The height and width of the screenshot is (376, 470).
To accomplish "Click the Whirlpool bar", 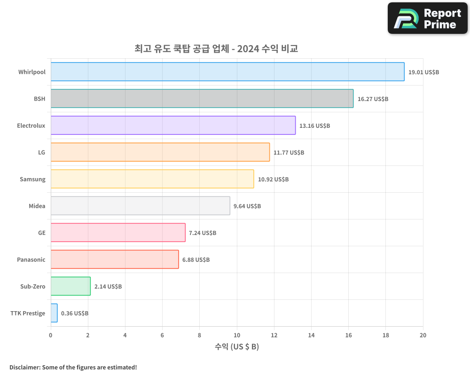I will point(227,72).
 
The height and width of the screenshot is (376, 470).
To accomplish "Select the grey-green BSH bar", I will point(202,99).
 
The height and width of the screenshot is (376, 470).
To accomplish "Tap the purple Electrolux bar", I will point(173,125).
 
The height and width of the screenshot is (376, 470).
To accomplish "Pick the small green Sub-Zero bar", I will point(70,286).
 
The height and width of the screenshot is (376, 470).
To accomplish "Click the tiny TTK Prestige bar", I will point(54,313).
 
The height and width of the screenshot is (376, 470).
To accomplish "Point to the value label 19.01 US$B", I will point(423,72).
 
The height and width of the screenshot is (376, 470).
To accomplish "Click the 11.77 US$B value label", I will point(289,153).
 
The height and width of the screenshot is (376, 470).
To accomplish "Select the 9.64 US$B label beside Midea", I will point(247,206).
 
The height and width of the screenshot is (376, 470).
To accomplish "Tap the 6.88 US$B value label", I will point(196,260).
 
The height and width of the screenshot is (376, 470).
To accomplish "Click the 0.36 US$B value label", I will point(74,313).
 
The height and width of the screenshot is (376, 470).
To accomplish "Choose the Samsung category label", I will point(32,179).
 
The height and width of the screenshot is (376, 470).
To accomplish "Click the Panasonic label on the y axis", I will point(31,259).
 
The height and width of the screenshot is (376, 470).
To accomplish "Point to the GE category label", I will point(42,233).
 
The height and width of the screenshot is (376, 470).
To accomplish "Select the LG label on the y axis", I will point(42,152).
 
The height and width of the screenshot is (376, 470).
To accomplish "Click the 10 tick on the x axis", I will point(236,335).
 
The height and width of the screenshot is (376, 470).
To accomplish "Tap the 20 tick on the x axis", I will point(423,335).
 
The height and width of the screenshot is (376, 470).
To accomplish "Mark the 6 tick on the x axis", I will point(162,335).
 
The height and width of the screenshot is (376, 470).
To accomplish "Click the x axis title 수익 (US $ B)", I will point(236,347).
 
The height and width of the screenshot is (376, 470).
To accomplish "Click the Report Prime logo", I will point(428,18).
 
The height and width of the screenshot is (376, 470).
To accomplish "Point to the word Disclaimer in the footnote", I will point(24,368).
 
